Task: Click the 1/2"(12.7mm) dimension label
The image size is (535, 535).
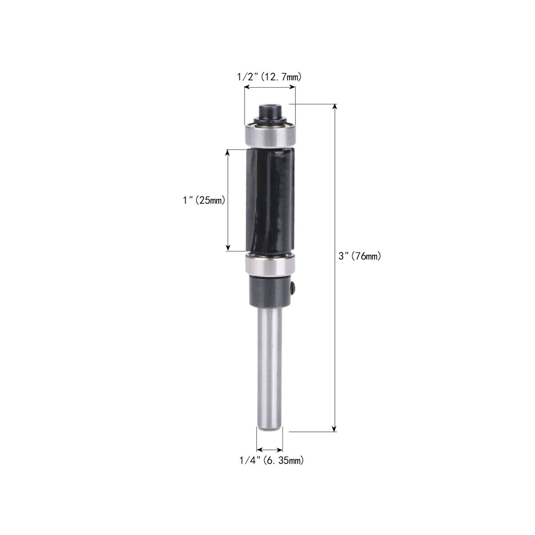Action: click(269, 77)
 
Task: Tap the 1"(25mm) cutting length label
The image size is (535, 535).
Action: click(204, 200)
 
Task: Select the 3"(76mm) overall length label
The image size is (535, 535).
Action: click(360, 256)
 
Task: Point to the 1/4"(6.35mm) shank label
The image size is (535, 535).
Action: click(272, 460)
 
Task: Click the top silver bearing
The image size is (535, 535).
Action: click(270, 135)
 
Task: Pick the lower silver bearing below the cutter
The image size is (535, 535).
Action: click(270, 264)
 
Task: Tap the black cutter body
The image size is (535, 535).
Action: click(270, 201)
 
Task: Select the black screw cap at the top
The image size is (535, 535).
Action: click(270, 111)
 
